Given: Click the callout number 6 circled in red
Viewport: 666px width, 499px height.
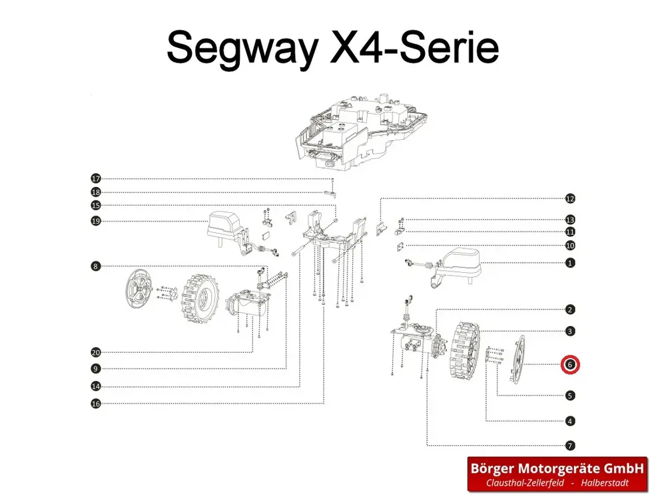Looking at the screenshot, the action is [570, 365].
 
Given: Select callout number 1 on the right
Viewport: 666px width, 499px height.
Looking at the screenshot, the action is [570, 263].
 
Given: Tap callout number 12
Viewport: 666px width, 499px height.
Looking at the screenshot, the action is [570, 198].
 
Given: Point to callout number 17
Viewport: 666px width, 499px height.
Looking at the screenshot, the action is [96, 178].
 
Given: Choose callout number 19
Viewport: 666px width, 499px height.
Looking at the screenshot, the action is [96, 221].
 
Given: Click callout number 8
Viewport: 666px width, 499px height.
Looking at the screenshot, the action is [96, 267].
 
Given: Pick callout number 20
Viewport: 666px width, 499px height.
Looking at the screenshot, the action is [96, 352].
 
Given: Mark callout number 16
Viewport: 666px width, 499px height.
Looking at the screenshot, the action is [96, 404].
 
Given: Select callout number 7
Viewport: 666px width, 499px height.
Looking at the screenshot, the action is [570, 446].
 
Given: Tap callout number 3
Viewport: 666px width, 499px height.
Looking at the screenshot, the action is [570, 331].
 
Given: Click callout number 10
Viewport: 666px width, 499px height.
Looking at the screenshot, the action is [570, 246].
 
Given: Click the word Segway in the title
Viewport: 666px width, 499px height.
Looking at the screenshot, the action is [242, 48].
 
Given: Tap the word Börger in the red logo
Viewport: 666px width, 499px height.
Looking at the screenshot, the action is [493, 468].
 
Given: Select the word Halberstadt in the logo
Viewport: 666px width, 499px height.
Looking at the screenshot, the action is [605, 483].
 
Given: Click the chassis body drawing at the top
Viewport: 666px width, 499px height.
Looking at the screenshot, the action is [361, 132].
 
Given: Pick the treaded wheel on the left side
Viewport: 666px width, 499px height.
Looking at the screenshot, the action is [200, 301].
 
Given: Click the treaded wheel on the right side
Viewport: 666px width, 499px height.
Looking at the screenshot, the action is [465, 351].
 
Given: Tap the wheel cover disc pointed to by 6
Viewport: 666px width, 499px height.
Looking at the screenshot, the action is [517, 360].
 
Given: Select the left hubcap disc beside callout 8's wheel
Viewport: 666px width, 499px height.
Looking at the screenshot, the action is [139, 288].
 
